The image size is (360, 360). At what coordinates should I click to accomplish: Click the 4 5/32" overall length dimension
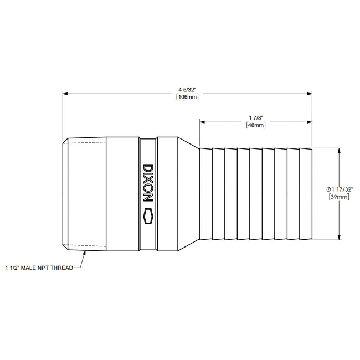click(x=187, y=89)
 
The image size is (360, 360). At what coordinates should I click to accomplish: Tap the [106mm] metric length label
click(x=187, y=97)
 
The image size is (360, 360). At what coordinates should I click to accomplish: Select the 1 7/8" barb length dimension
click(x=255, y=117)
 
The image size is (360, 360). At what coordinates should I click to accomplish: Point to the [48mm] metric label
click(x=255, y=125)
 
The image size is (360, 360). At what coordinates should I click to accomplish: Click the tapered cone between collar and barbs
click(x=188, y=194)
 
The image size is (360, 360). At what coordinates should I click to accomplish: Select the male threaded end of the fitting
click(x=83, y=194)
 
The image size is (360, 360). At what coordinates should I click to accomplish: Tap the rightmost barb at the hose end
click(x=305, y=194)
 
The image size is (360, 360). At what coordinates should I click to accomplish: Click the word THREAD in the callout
click(x=61, y=267)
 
